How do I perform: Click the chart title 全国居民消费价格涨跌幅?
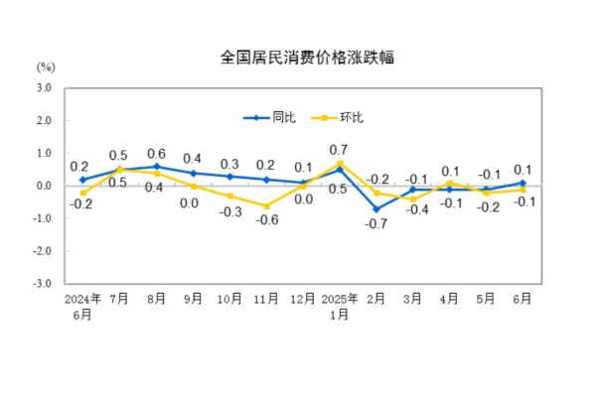point(297,58)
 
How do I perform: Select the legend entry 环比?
point(339,118)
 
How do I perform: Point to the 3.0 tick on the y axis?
point(43,88)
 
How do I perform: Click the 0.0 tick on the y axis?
point(43,186)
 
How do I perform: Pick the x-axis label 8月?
point(156,297)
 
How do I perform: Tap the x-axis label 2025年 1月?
point(340,304)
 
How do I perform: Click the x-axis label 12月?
point(303,297)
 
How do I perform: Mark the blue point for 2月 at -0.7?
point(376,208)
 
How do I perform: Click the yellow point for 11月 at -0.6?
point(266,205)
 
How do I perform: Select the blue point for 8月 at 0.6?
point(156,167)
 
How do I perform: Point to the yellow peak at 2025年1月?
point(340,164)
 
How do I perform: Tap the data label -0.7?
point(376,224)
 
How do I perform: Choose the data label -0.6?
point(266,220)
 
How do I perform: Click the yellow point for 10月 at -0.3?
point(229,196)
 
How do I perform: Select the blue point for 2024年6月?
point(82,180)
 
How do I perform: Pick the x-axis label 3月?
point(413,297)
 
